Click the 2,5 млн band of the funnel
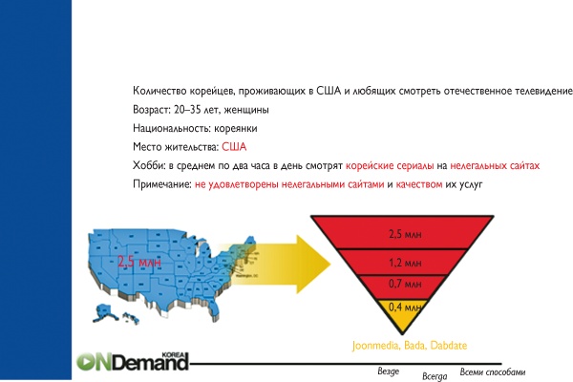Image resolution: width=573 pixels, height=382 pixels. point(402,232)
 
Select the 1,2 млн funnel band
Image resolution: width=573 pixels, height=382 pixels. point(402,261)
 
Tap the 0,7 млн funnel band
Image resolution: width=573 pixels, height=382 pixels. point(402,284)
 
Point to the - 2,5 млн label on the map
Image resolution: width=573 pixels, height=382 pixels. point(135,261)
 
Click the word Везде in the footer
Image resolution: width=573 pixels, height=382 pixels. point(389,371)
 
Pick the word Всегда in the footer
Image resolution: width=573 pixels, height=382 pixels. point(435,377)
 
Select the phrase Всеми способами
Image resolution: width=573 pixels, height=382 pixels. point(493,371)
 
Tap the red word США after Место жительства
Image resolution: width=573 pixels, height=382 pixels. point(234,146)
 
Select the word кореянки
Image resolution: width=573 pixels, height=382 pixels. point(234,128)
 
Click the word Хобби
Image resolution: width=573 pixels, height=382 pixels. point(150,164)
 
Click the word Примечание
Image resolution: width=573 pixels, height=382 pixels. point(161,182)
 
